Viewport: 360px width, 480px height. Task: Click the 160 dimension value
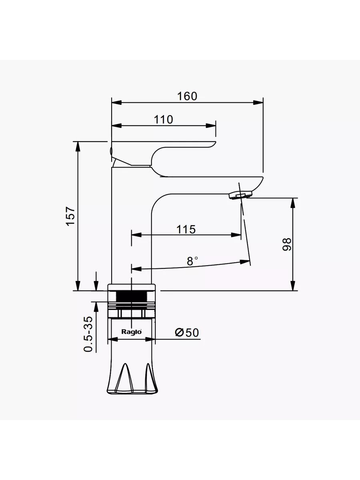(x=187, y=96)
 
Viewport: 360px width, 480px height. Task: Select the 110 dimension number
(x=164, y=120)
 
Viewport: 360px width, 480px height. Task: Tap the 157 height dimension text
(x=71, y=216)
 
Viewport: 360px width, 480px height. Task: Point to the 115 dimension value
(x=186, y=229)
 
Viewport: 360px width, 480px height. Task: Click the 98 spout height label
(x=287, y=244)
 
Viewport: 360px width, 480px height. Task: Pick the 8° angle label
(x=192, y=261)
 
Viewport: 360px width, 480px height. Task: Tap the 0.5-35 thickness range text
(x=88, y=334)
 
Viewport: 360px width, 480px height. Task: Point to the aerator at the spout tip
(x=240, y=195)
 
